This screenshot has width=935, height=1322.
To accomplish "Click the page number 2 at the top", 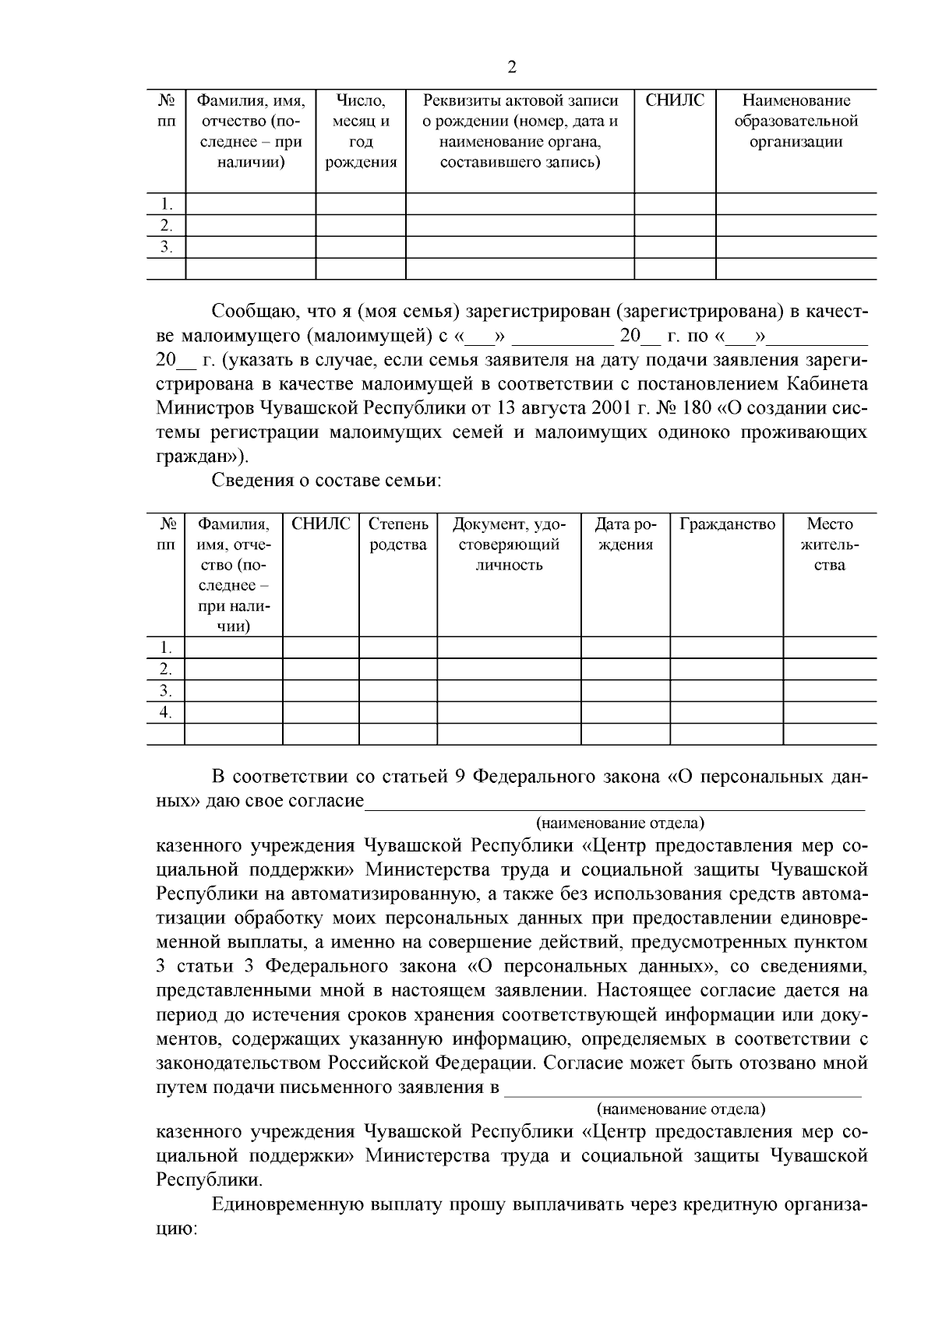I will click(512, 66).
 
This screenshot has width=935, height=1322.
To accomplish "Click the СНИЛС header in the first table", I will click(675, 100).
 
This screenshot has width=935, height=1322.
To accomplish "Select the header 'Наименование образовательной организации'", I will click(796, 122).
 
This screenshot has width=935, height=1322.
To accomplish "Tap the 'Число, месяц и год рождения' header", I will click(360, 132).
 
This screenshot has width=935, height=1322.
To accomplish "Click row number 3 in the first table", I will click(166, 247).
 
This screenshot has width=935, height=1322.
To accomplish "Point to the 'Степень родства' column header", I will click(398, 534).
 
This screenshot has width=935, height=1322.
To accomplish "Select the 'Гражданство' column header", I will click(727, 524).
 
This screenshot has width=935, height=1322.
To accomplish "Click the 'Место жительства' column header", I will click(830, 545).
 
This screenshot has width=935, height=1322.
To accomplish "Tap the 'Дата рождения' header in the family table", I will click(626, 534).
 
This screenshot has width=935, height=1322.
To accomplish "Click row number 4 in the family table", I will click(165, 712).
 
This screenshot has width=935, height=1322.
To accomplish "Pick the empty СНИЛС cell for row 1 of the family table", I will click(321, 647).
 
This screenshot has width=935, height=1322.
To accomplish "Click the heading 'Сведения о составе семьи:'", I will click(327, 481).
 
